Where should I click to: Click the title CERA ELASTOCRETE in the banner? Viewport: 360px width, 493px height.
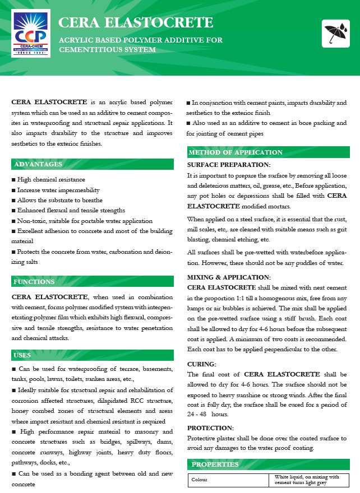tap(136, 22)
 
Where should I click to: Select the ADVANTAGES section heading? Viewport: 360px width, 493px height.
tap(38, 164)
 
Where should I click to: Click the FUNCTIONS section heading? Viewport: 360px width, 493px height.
tap(35, 281)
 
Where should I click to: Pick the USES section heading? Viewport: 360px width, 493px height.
tap(23, 355)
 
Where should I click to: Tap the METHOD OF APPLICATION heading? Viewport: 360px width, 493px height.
tap(236, 152)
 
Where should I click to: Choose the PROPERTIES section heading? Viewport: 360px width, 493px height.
tap(215, 464)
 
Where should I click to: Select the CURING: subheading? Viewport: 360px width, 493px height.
tap(201, 364)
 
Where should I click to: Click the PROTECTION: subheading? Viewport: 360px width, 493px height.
tap(210, 428)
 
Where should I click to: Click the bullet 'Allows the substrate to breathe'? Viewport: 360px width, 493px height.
tap(57, 200)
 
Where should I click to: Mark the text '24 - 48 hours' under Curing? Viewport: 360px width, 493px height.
tap(207, 414)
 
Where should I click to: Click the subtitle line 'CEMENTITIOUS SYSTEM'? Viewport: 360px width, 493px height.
tap(107, 50)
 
